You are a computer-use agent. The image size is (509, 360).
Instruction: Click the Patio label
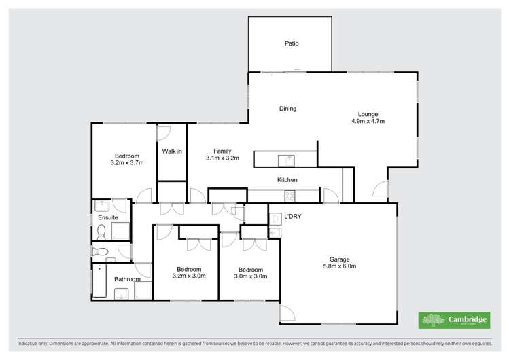(x=292, y=44)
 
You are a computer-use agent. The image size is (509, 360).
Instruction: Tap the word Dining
(x=288, y=109)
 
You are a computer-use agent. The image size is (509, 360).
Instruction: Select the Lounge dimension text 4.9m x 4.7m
(x=368, y=122)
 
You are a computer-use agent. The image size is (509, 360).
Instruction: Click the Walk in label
(x=172, y=151)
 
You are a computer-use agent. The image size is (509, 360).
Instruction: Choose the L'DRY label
(x=292, y=217)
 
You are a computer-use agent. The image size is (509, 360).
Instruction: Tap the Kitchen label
(x=287, y=180)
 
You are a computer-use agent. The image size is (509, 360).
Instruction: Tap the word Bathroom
(x=127, y=279)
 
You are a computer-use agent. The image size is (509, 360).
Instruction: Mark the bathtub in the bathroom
(x=99, y=280)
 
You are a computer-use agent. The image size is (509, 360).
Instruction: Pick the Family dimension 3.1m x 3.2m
(x=223, y=158)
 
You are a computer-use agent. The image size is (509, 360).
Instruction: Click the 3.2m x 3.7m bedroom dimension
(x=127, y=162)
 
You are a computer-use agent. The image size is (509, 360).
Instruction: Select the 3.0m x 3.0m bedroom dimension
(x=250, y=276)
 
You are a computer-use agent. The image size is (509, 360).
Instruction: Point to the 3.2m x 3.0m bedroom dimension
(x=190, y=276)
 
